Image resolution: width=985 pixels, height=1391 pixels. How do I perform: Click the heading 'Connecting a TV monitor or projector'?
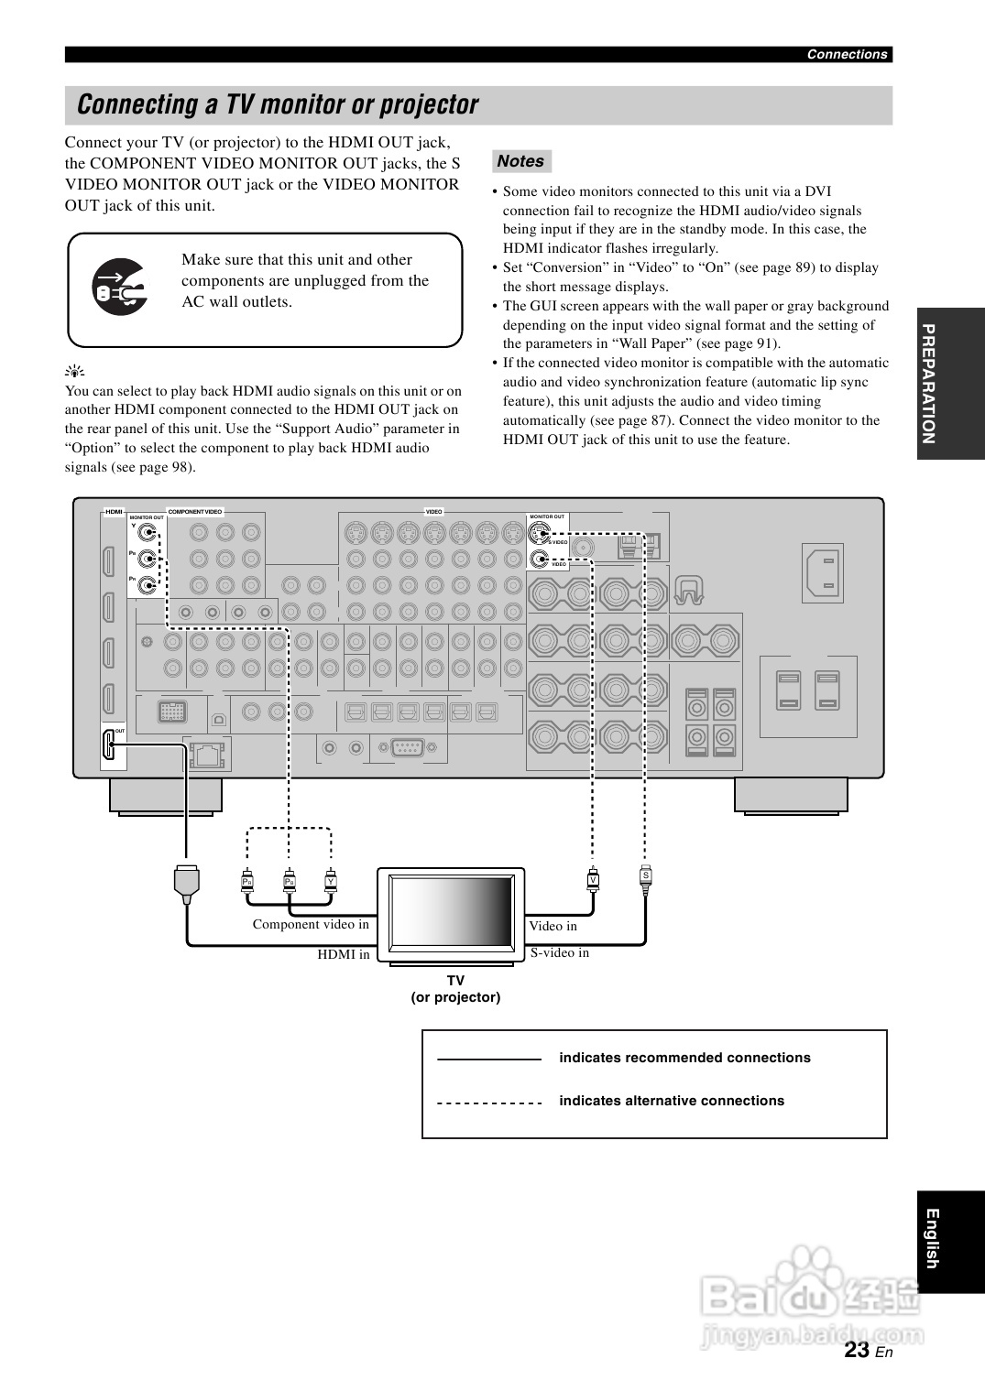pos(278,105)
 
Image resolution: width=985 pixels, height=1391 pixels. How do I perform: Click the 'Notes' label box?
pos(520,161)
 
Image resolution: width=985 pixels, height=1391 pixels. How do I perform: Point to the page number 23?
pos(858,1349)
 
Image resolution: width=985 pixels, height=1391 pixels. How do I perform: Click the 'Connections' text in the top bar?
pos(847,54)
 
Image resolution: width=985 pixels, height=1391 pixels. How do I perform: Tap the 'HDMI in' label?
pos(344,954)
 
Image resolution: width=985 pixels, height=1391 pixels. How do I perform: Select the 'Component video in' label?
pos(311,924)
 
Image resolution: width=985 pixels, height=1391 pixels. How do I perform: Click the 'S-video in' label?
pos(560,952)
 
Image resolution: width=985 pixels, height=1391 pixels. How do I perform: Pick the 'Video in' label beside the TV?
pos(553,926)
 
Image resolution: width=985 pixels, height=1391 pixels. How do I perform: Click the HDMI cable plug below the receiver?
pos(186,882)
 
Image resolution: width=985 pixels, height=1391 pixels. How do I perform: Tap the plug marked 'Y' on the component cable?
pos(331,882)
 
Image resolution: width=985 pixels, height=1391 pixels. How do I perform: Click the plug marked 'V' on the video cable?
pos(593,880)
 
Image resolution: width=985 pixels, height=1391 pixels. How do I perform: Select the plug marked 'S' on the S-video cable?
pos(645,876)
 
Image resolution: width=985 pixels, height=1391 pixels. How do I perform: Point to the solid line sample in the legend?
pos(489,1059)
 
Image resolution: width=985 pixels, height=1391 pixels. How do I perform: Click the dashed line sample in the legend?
pos(489,1103)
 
